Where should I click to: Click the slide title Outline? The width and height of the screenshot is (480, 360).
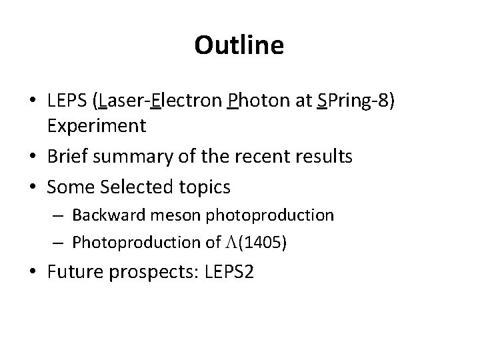tap(239, 45)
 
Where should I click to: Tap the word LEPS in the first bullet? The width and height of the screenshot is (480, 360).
tap(69, 102)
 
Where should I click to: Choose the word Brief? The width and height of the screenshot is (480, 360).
tap(67, 156)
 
